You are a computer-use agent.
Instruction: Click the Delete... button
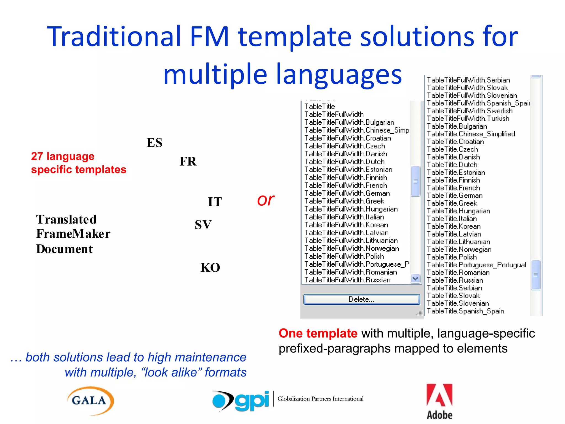coord(361,300)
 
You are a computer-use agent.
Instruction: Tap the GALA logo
coord(90,401)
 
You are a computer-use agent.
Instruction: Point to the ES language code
coord(154,143)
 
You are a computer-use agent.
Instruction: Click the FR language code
coord(188,161)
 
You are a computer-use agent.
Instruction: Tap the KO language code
coord(210,267)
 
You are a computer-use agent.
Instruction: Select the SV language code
coord(203,225)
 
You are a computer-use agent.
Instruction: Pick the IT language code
coord(215,202)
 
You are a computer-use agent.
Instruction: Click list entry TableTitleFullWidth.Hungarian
coord(351,209)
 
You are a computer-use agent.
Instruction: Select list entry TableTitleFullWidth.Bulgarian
coord(349,122)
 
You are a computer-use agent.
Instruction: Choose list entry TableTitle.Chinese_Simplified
coord(471,134)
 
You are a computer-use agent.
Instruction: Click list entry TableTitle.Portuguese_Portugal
coord(476,265)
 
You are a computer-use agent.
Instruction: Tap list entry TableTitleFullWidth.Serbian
coord(468,80)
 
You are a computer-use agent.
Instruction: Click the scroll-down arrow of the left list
coord(415,279)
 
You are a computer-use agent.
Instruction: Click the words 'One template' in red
coord(318,333)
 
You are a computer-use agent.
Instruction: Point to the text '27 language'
coord(63,156)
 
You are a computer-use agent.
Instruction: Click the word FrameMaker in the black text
coord(73,234)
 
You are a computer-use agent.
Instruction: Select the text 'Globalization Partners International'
coord(320,399)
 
